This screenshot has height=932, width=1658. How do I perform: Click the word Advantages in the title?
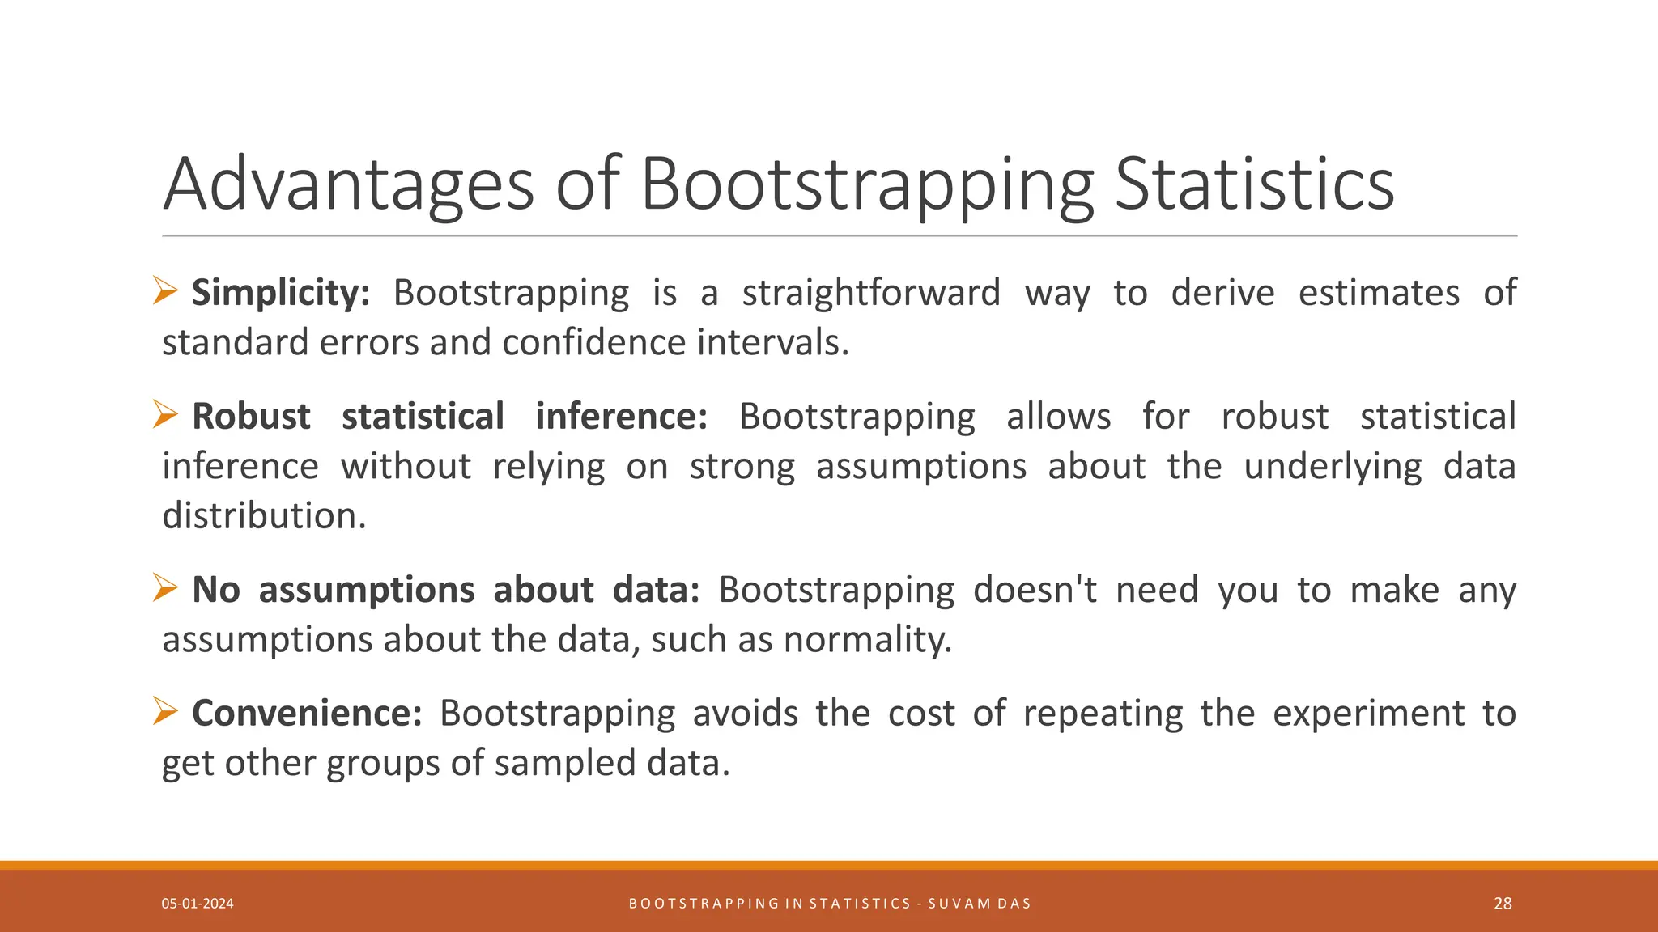tap(348, 186)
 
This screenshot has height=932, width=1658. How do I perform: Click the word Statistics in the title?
tap(1254, 184)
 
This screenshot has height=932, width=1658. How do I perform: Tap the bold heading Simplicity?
tap(280, 293)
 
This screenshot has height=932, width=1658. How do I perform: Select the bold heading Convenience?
tap(307, 714)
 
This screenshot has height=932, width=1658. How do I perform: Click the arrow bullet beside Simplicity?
tap(165, 290)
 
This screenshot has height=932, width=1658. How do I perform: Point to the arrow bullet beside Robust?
tap(165, 415)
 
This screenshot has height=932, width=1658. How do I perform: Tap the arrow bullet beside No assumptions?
tap(165, 588)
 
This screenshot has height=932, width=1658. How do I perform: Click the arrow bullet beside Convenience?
tap(165, 712)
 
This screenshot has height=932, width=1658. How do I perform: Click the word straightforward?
tap(871, 293)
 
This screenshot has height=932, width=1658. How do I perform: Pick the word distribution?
tap(264, 515)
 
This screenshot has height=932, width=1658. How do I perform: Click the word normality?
tap(867, 640)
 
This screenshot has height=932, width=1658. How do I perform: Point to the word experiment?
tap(1368, 714)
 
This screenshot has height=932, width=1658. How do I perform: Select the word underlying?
tap(1333, 467)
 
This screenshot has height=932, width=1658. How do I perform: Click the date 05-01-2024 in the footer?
tap(198, 904)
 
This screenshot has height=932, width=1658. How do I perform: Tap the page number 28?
tap(1503, 904)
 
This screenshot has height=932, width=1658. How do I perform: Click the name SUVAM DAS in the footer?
tap(980, 904)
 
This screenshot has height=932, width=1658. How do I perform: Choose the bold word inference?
tap(621, 417)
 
